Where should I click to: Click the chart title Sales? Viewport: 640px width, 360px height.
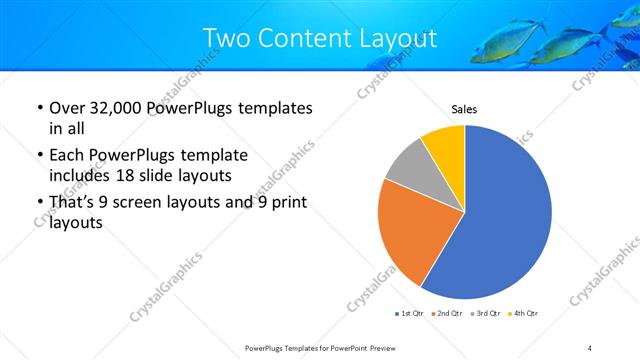(465, 109)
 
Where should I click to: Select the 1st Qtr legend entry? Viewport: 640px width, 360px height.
(409, 314)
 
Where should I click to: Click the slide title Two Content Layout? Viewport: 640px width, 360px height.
(320, 37)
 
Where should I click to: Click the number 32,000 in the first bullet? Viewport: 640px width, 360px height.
(117, 108)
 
